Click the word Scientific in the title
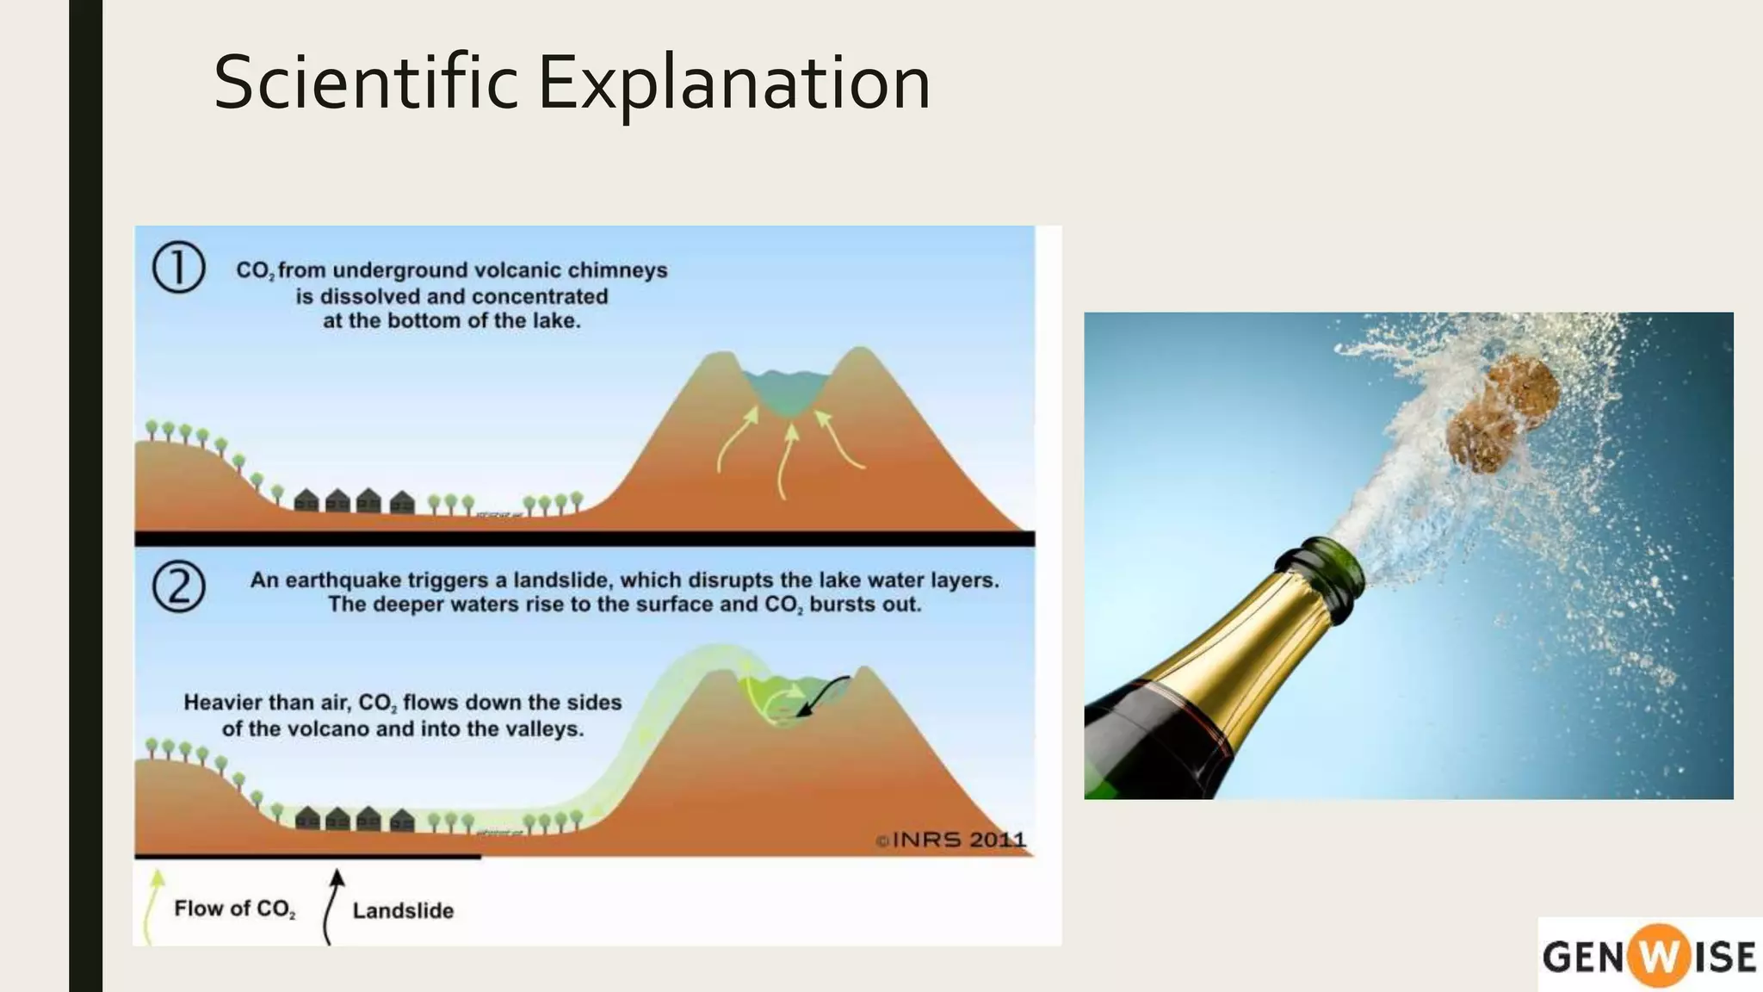pos(365,83)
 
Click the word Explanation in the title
pos(733,84)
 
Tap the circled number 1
pos(178,267)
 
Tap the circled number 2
pos(178,587)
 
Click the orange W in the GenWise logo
pos(1653,956)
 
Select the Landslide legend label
pos(403,910)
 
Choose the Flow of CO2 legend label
pos(234,908)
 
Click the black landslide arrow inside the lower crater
pos(825,691)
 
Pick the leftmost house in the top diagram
pos(306,500)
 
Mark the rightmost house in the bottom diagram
pos(402,820)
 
